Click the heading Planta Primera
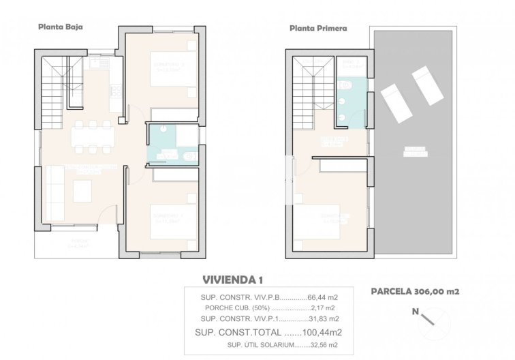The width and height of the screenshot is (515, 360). pos(318,29)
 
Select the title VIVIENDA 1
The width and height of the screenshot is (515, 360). pos(233,280)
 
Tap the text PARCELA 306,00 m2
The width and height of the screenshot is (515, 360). pos(415,291)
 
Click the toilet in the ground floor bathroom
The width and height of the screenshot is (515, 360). pos(191,157)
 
